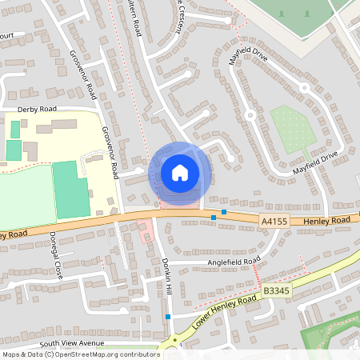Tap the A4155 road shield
tap(274, 221)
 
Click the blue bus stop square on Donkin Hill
tap(167, 317)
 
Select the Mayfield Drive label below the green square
tap(315, 163)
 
